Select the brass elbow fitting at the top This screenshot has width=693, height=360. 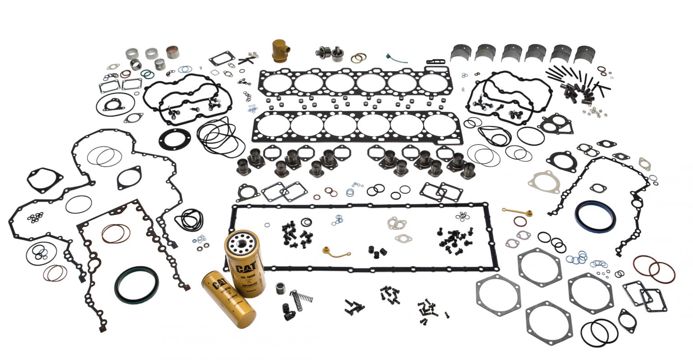tap(279, 50)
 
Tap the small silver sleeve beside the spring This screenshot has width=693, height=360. tap(281, 288)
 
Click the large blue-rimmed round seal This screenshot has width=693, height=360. tap(595, 216)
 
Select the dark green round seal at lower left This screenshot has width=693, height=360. tap(136, 285)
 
